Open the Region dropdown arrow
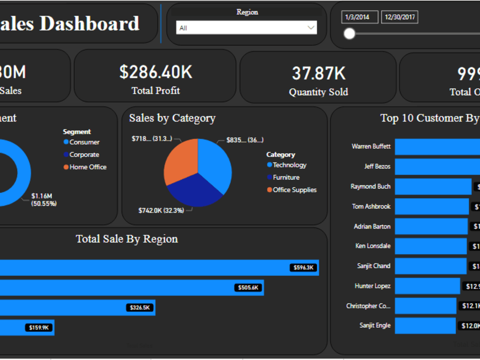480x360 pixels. tap(311, 28)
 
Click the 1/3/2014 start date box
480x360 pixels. tap(360, 17)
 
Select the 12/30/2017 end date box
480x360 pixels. tap(399, 17)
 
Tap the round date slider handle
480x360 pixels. tap(349, 33)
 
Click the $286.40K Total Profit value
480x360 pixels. tap(156, 72)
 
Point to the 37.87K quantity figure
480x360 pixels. tap(319, 73)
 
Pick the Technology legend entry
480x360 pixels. tap(289, 165)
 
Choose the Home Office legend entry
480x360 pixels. tap(88, 167)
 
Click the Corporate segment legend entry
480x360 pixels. tap(84, 155)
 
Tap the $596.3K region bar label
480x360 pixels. tap(303, 268)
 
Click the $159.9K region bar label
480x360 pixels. tap(39, 328)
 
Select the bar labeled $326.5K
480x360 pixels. tap(77, 308)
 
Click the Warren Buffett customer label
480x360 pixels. tap(371, 146)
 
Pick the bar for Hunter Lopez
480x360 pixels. tap(427, 286)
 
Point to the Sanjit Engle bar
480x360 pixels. tap(425, 325)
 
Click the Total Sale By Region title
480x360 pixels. tap(127, 239)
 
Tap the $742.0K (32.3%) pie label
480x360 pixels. tap(161, 210)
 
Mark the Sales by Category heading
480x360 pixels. tap(172, 118)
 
